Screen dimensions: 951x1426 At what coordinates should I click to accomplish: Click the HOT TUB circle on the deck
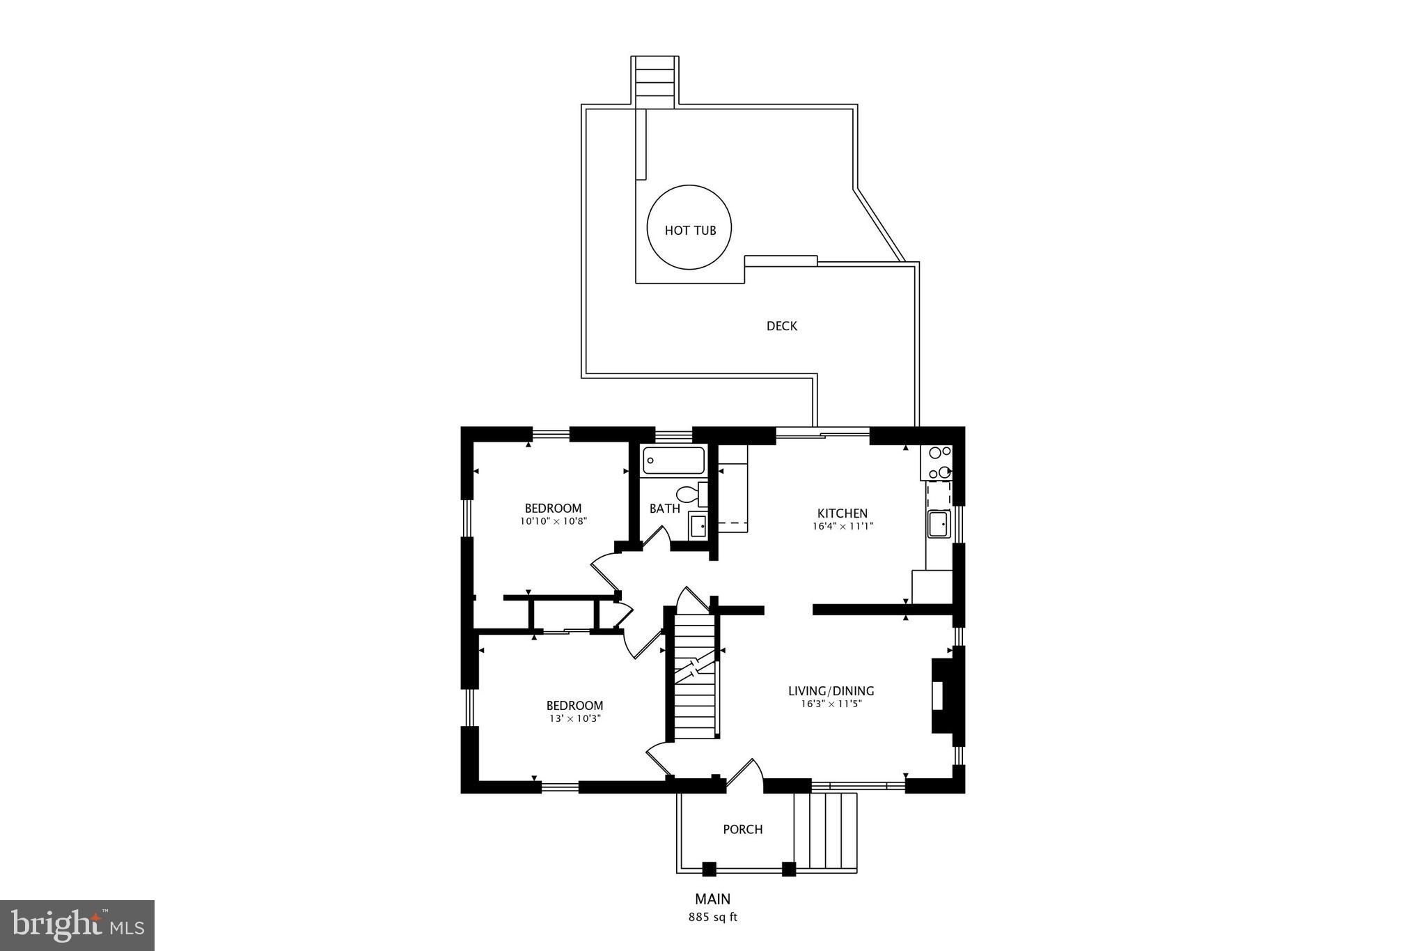point(689,228)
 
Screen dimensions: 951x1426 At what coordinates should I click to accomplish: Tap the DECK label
point(781,326)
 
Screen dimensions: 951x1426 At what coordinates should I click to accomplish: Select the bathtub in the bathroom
point(673,461)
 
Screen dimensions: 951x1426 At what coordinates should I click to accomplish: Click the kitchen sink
point(939,523)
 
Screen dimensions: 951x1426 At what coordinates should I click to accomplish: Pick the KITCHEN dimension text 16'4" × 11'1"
point(843,527)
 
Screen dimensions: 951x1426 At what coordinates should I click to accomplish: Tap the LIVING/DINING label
point(831,691)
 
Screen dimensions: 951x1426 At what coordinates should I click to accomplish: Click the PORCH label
point(742,829)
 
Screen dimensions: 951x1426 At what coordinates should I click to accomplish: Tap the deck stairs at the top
point(655,82)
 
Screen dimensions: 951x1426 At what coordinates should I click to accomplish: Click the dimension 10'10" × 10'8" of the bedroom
point(554,521)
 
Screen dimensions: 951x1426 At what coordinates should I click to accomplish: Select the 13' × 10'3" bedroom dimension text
point(574,718)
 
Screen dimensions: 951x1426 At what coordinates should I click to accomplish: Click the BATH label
point(664,509)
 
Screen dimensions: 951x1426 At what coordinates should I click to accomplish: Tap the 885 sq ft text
point(712,917)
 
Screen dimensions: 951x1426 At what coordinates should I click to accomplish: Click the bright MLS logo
point(77,925)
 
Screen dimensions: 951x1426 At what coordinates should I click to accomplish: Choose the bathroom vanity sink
point(698,524)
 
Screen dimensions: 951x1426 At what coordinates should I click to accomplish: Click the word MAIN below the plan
point(712,899)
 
